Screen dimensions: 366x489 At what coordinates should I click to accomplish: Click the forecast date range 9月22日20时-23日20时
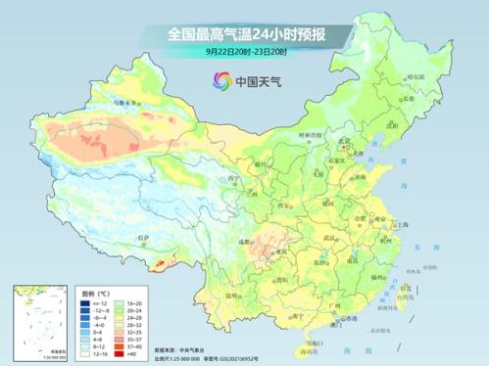click(x=245, y=51)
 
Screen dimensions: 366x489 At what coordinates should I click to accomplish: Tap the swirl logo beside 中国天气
click(x=221, y=80)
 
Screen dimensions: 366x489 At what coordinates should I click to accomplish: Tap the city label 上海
click(x=399, y=224)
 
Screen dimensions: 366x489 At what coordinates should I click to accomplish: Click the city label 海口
click(x=312, y=343)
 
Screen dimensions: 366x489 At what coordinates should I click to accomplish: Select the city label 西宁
click(x=232, y=180)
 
